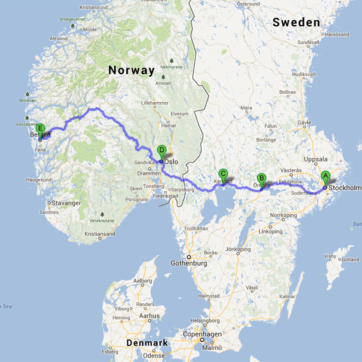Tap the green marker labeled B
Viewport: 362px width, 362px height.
(x=261, y=179)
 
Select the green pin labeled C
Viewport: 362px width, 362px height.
(x=223, y=174)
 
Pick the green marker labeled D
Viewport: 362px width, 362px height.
(x=162, y=151)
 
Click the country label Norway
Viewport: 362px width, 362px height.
(x=131, y=70)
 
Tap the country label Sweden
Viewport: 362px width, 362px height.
(x=296, y=22)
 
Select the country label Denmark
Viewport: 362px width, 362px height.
(x=147, y=343)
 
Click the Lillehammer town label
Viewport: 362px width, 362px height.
(x=156, y=103)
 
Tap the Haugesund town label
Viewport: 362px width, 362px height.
(x=38, y=180)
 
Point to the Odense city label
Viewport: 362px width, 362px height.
(x=154, y=356)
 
